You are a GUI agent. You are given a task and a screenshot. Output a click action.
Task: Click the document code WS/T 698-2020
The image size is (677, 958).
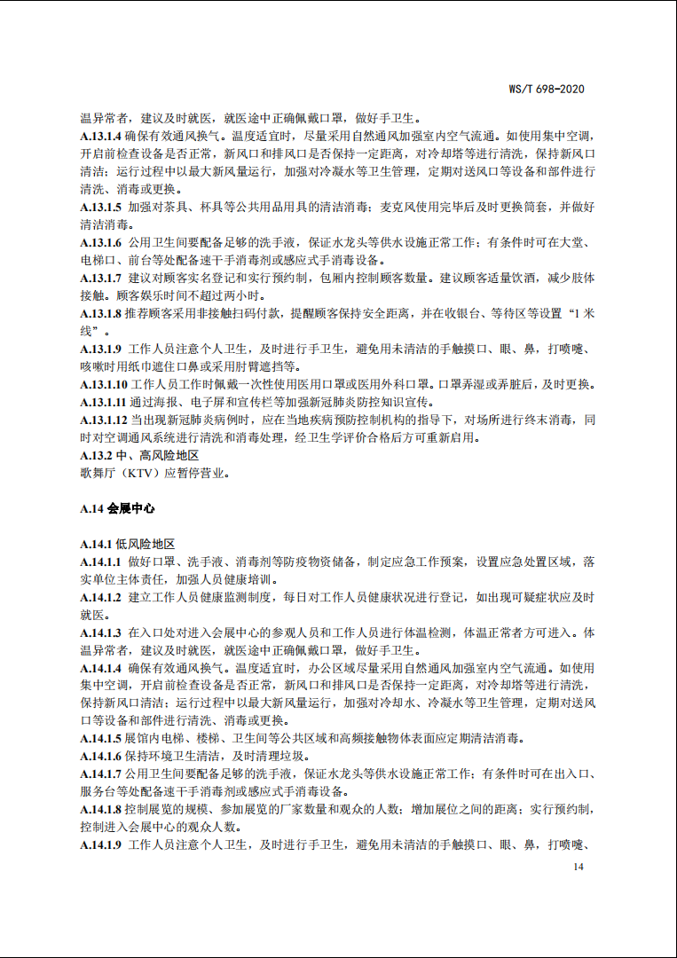(x=547, y=89)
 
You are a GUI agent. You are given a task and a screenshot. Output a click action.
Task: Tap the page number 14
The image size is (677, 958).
(x=579, y=867)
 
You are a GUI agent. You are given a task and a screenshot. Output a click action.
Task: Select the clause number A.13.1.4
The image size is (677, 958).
(x=99, y=137)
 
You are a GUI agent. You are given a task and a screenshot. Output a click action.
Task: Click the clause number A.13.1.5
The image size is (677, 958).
(x=99, y=207)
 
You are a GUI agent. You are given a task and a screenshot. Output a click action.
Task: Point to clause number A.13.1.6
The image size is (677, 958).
(x=99, y=242)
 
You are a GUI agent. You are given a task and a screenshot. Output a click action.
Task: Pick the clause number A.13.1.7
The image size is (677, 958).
(x=99, y=278)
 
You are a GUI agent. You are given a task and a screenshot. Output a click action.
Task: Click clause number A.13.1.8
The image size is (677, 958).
(x=99, y=313)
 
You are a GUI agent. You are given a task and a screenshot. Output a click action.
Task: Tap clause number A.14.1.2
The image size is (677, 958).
(x=99, y=597)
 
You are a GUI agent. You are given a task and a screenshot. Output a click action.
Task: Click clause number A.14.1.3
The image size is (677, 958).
(x=99, y=632)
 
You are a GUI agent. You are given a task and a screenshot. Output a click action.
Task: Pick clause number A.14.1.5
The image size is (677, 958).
(x=99, y=738)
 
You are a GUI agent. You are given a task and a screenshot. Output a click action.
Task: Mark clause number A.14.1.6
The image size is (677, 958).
(x=99, y=756)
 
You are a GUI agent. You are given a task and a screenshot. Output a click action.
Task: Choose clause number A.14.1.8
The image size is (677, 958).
(x=99, y=809)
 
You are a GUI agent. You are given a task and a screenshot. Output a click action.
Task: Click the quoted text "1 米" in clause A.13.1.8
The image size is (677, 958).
(x=579, y=313)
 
